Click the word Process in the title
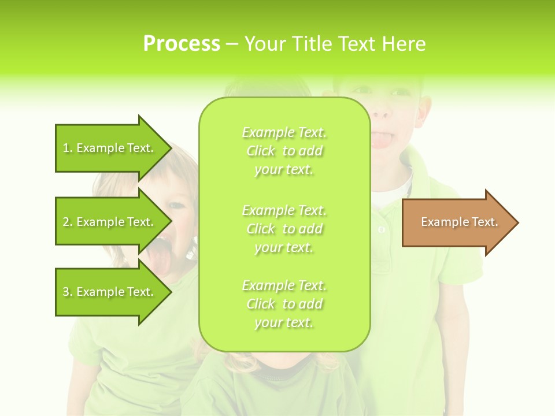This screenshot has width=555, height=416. (x=182, y=44)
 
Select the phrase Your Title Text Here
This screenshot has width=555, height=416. (x=335, y=44)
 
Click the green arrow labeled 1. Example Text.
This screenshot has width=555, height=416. (x=110, y=148)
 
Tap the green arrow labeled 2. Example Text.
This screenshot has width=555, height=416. (x=110, y=222)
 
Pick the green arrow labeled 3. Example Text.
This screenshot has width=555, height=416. (x=110, y=292)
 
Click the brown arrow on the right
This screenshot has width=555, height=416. (x=457, y=222)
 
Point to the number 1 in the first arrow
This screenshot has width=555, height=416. (x=66, y=148)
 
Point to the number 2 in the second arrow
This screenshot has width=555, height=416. (x=66, y=222)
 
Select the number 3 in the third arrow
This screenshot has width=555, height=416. (x=66, y=292)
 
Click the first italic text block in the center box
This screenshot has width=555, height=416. (x=284, y=151)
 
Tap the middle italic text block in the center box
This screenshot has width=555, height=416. (x=284, y=228)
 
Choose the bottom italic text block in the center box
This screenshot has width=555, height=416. (x=284, y=304)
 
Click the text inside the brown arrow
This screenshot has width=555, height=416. (x=459, y=222)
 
